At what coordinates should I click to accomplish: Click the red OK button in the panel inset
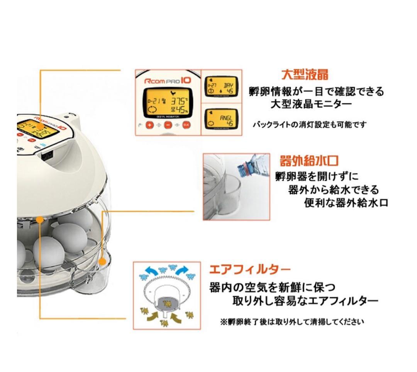tap(186, 125)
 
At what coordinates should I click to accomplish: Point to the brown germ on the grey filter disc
tap(168, 304)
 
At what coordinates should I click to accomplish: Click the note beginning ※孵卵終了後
tap(292, 321)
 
